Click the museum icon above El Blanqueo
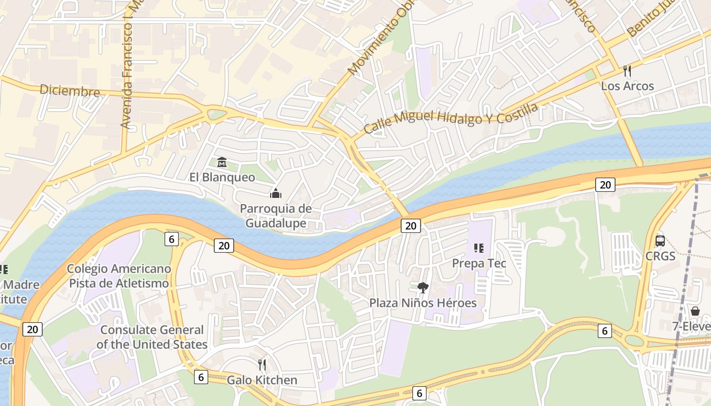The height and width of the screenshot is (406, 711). coord(222,162)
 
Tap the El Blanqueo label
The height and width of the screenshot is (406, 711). coord(222,177)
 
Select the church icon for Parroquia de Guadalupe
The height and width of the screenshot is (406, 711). coord(276,193)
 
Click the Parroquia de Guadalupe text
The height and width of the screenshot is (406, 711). coord(276,216)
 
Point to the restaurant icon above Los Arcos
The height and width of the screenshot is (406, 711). coord(627,71)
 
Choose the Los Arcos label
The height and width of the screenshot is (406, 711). coord(627,86)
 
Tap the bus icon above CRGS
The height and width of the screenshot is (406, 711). coord(660,241)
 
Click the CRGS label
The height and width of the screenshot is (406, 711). coord(660,256)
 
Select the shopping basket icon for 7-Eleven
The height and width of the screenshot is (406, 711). coord(695,311)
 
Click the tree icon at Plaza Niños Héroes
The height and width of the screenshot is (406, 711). coord(423,288)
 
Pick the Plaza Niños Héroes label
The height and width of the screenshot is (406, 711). coord(423,303)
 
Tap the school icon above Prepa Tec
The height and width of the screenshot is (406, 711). coord(478,248)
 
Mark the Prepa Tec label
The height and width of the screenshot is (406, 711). coord(479,263)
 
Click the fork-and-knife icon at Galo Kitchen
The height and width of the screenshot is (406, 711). coord(262,365)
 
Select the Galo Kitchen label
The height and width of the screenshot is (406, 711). coord(262,380)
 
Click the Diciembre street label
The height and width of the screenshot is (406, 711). coord(70,91)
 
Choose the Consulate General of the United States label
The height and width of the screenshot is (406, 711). coord(152,337)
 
